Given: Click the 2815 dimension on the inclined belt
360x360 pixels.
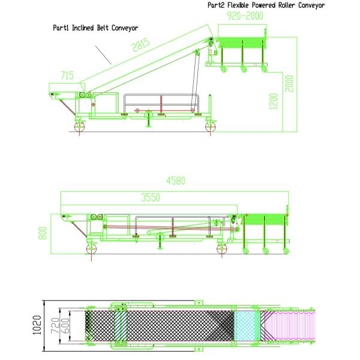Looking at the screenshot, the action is click(x=141, y=44).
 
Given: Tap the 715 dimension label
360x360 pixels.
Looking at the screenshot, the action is click(x=67, y=76).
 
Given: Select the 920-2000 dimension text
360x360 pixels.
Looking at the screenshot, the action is click(x=245, y=16).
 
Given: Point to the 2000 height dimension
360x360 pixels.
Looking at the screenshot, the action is click(x=289, y=83).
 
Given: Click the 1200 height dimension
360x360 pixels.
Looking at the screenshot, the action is click(x=274, y=101).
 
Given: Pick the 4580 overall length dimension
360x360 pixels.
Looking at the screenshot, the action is click(x=176, y=181).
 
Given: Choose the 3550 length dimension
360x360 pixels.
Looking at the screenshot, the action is click(x=151, y=197).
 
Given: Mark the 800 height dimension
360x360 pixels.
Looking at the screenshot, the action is click(x=43, y=233).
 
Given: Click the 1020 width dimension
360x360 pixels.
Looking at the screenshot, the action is click(x=37, y=325).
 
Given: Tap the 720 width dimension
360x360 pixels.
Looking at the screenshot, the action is click(x=55, y=325).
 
